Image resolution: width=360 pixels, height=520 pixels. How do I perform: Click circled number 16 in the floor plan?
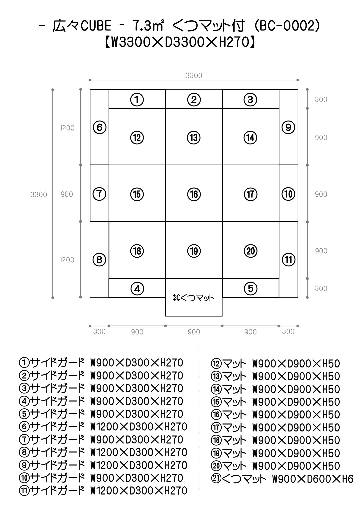point(194,194)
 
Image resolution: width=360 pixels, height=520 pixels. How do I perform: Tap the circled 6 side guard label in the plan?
point(99,127)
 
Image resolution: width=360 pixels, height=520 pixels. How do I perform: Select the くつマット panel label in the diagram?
point(194,298)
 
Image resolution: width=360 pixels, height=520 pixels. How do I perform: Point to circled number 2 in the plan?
point(194,99)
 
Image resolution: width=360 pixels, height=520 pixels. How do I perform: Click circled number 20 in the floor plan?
point(250,251)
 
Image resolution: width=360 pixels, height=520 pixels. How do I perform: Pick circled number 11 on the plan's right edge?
point(288,260)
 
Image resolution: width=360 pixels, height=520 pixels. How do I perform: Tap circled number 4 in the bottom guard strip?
point(137,289)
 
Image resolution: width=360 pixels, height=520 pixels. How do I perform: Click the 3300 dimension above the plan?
point(194,76)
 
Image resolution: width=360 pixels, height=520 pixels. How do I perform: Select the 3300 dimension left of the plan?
point(39,194)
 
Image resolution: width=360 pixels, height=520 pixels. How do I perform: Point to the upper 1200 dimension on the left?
point(67,128)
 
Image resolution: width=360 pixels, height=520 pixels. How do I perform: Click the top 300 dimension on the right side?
point(321,99)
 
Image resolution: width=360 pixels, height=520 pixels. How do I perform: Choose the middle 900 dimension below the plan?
point(194,332)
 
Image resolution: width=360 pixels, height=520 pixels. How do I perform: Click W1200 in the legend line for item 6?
point(102,427)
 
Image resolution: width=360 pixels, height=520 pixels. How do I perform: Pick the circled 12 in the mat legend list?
point(216,364)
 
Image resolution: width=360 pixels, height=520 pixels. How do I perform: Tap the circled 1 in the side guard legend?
point(24,363)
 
